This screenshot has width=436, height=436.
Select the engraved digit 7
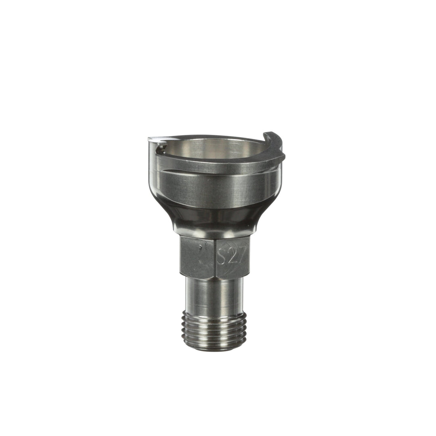tap(240, 255)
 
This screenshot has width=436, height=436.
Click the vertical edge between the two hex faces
tap(215, 258)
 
